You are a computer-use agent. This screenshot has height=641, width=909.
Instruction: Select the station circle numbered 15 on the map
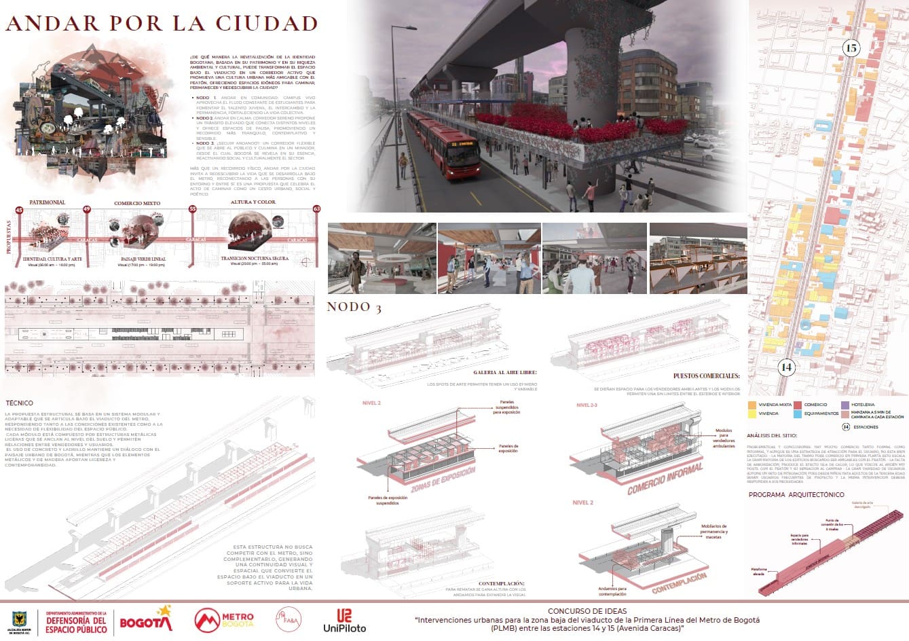[x=851, y=48]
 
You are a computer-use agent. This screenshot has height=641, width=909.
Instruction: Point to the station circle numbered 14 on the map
[x=786, y=367]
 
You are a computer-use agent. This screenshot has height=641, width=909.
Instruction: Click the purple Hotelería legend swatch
[x=845, y=405]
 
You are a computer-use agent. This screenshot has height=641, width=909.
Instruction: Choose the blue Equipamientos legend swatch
[x=797, y=413]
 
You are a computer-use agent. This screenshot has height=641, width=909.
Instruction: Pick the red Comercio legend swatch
[x=797, y=405]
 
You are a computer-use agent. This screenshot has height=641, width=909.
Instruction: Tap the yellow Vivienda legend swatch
[x=752, y=413]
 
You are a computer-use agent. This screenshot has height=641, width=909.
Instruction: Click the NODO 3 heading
[x=354, y=308]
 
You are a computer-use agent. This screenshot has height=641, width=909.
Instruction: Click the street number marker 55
[x=192, y=210]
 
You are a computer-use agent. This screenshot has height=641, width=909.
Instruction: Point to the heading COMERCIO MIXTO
[x=137, y=203]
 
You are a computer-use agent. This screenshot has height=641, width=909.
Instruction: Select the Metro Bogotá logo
[x=224, y=619]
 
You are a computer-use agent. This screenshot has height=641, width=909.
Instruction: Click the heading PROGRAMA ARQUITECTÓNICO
[x=796, y=495]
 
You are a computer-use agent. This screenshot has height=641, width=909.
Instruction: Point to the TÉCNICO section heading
[x=19, y=403]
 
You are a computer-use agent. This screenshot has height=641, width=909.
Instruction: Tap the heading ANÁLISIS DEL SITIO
[x=773, y=435]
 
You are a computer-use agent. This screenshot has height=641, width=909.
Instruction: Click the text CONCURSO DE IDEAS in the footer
[x=587, y=611]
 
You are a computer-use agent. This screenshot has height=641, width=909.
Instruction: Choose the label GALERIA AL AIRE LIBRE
[x=505, y=372]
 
